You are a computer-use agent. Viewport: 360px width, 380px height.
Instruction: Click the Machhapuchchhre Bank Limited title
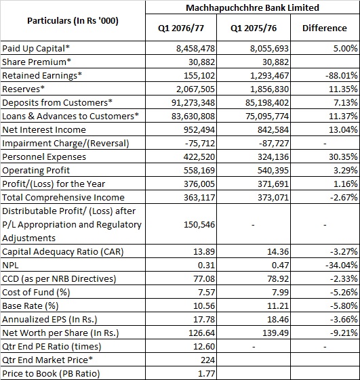(252, 7)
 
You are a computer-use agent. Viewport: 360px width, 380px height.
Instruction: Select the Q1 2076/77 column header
(181, 28)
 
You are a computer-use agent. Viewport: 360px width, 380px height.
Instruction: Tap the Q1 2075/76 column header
(254, 28)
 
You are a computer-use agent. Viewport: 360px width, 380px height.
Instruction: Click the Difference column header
(325, 28)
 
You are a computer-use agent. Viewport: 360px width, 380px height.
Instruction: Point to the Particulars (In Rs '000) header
(73, 21)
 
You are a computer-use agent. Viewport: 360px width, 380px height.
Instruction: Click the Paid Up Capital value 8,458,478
(195, 49)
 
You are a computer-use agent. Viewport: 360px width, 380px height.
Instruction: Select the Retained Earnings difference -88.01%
(342, 76)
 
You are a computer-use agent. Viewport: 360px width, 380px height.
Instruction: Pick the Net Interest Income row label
(44, 130)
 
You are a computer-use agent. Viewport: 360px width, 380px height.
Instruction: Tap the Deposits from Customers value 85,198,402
(267, 103)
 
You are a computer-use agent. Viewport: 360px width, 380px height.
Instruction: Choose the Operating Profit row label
(36, 171)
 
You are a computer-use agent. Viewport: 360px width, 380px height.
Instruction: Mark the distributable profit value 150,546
(199, 225)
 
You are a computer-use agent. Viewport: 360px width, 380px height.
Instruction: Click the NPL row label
(10, 266)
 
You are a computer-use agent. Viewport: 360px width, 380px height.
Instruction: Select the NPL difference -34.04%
(342, 266)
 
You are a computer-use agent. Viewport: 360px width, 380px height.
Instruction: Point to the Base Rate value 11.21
(278, 306)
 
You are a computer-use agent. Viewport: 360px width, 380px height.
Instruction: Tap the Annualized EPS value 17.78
(204, 320)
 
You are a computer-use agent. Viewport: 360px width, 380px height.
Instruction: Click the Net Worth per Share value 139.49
(275, 333)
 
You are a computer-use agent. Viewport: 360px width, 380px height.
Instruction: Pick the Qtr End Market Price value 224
(208, 360)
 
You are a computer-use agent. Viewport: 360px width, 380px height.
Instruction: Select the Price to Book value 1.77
(207, 374)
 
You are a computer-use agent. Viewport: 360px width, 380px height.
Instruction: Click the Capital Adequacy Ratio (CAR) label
(63, 252)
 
